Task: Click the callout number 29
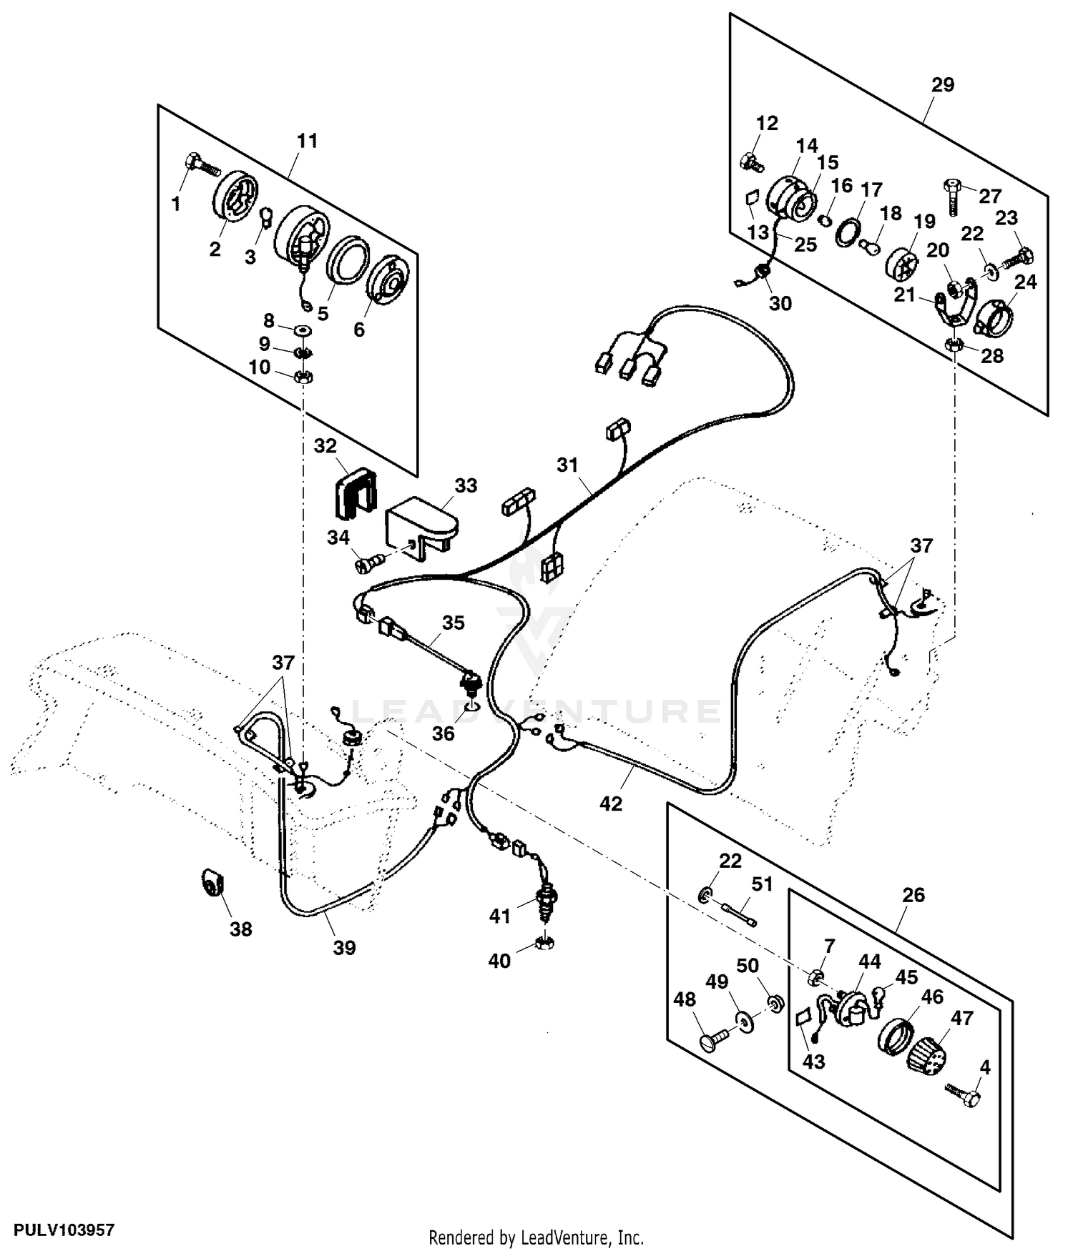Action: click(943, 85)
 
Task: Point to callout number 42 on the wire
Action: click(610, 803)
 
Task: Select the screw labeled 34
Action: click(368, 565)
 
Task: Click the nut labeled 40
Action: click(543, 944)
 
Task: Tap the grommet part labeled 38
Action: click(211, 883)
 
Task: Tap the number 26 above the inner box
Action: click(913, 895)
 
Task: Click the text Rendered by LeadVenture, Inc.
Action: click(536, 1237)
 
